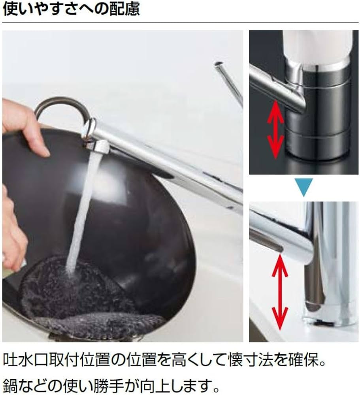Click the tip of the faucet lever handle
[218, 64]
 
